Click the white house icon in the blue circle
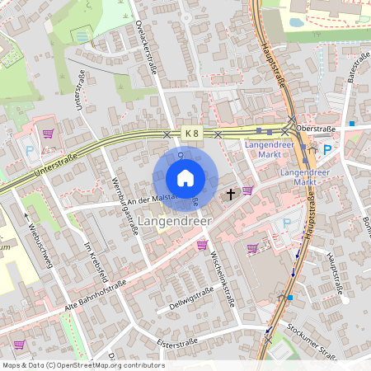coord(185,178)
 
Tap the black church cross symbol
coord(231,195)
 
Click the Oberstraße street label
coord(315,128)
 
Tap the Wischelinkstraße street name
coord(223,277)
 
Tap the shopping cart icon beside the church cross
coord(247,190)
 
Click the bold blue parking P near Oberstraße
coord(326,149)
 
